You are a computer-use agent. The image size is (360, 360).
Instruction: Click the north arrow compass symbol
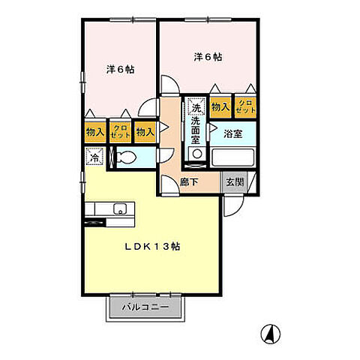[x=270, y=334]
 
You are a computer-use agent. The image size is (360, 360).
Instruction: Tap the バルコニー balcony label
[x=145, y=307]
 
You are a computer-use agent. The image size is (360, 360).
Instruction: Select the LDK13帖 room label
[x=152, y=247]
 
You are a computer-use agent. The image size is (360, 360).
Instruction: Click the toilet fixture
[x=127, y=157]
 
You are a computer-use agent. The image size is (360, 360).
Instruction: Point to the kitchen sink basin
[x=120, y=209]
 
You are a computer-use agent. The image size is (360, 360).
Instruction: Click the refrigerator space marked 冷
[x=94, y=157]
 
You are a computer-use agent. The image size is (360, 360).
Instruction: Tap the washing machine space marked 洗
[x=196, y=106]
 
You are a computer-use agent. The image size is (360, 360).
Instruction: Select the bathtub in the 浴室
[x=232, y=157]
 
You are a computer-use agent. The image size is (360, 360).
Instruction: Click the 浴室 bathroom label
[x=233, y=134]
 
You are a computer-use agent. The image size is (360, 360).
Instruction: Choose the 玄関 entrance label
[x=235, y=181]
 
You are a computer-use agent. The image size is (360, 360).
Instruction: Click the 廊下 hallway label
[x=189, y=182]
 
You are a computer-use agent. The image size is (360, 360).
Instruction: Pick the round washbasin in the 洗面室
[x=197, y=154]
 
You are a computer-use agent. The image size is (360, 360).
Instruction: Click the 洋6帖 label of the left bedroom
[x=120, y=69]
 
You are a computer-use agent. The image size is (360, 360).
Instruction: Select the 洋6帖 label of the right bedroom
[x=208, y=57]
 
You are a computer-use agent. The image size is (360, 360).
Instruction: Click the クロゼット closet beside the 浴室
[x=245, y=107]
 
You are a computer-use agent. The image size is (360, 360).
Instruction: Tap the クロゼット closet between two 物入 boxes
[x=120, y=132]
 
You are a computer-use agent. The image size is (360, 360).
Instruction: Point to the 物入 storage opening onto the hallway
[x=145, y=132]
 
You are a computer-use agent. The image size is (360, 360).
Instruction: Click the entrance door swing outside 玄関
[x=233, y=206]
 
